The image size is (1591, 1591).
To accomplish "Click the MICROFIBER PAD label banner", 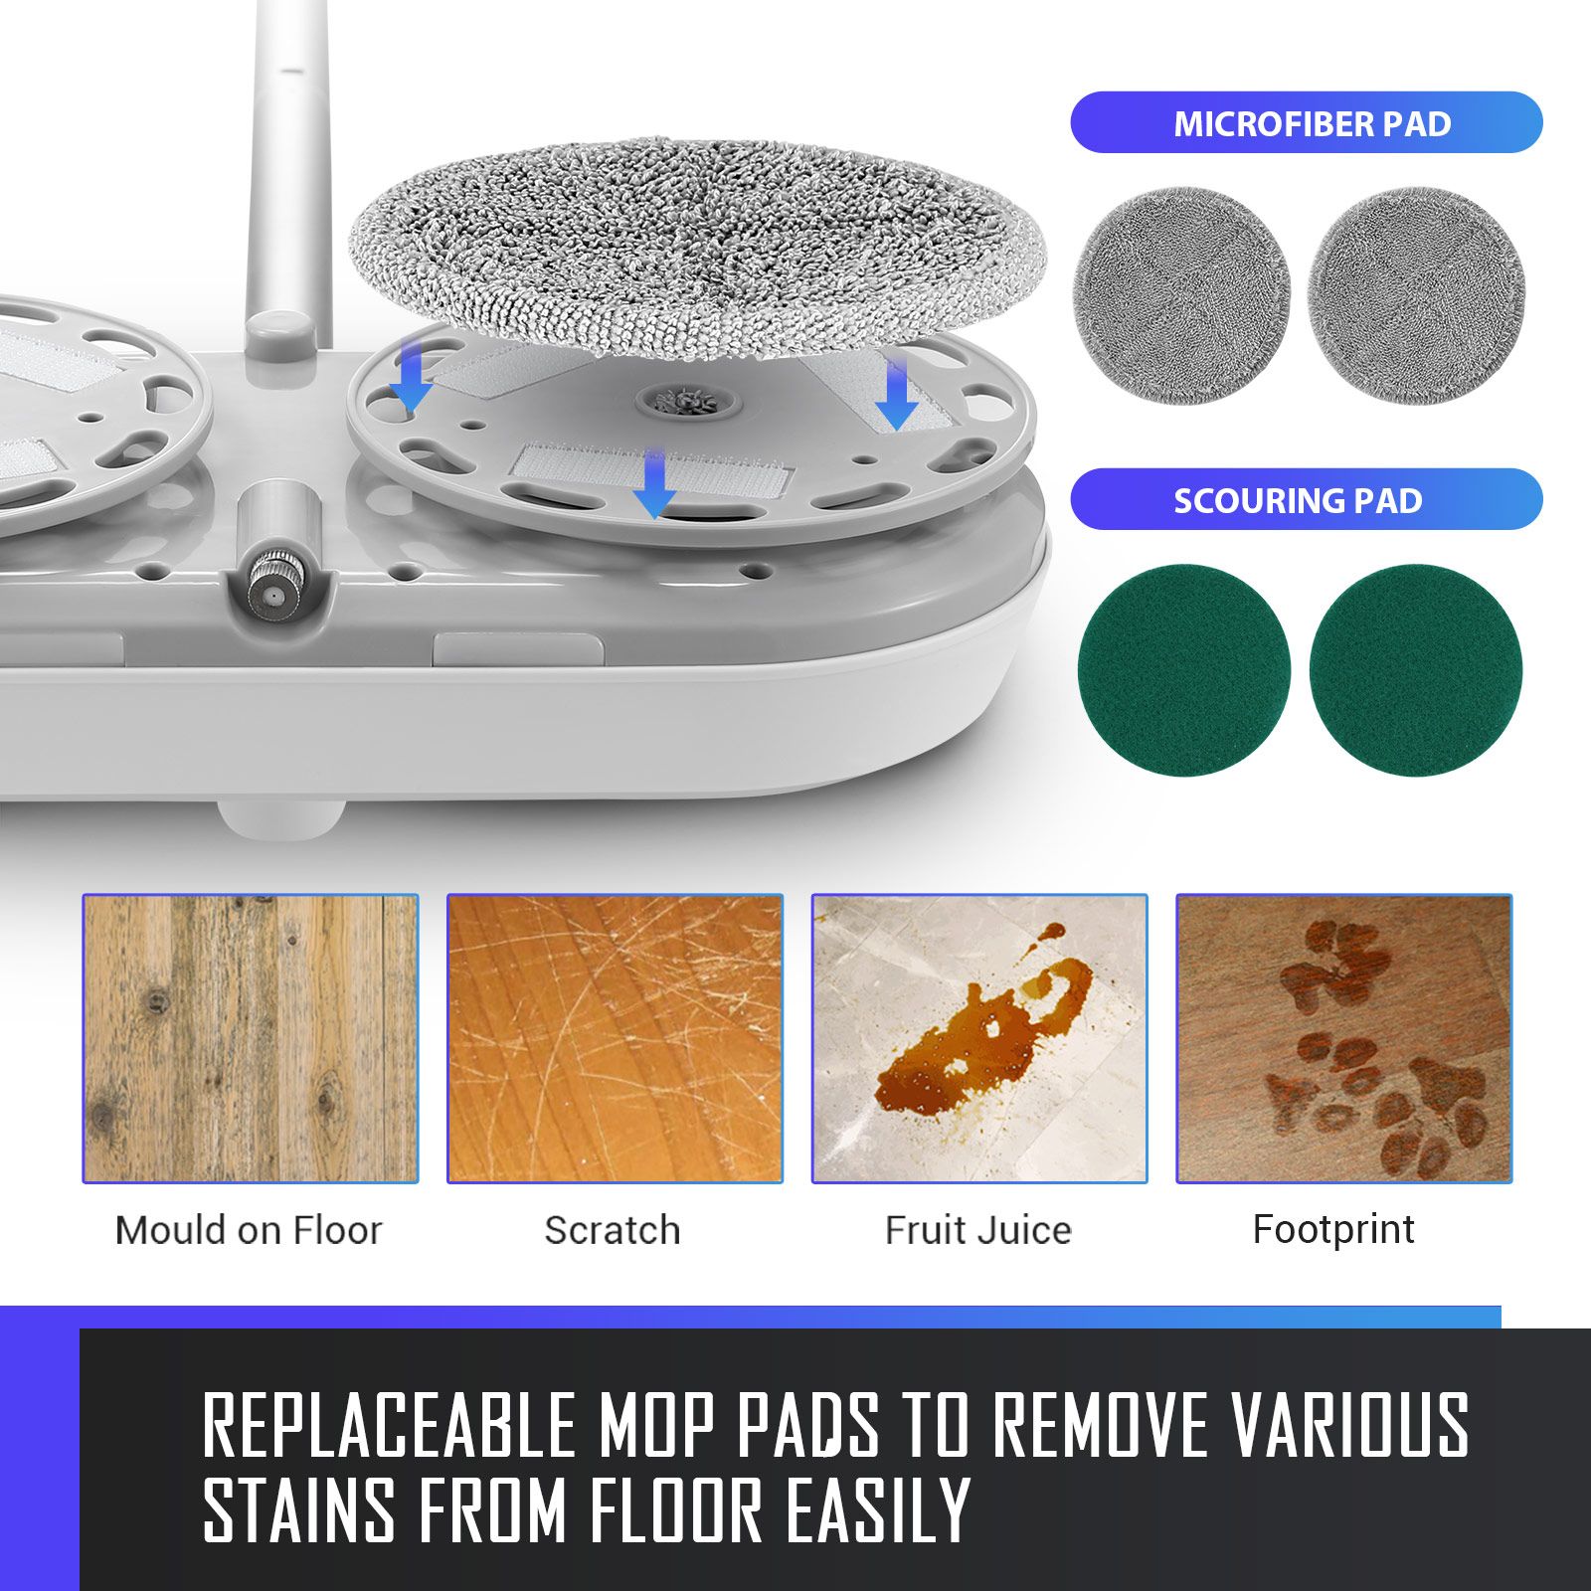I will pos(1306,122).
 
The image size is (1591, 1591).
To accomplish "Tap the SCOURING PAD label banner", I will pos(1306,499).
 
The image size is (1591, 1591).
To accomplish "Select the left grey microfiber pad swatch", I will pos(1181,295).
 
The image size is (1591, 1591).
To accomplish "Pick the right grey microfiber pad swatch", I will pos(1416,295).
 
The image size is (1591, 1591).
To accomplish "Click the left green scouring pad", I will pos(1183,670).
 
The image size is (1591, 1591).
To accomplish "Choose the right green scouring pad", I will pos(1416,670).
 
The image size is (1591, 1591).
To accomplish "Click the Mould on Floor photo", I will pos(250,1038).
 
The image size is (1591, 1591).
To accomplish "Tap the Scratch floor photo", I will pos(615,1038).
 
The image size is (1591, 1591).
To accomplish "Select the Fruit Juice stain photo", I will pos(979,1038).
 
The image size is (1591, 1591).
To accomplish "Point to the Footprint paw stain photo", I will pos(1343,1038).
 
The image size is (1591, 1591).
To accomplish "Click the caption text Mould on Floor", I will pos(249,1231).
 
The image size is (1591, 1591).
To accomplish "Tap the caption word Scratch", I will pos(613,1231).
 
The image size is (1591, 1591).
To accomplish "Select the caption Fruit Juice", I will pos(978,1231).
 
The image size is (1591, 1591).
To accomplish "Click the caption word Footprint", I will pos(1333,1230).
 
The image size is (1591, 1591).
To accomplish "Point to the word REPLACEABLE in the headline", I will pos(390,1424).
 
